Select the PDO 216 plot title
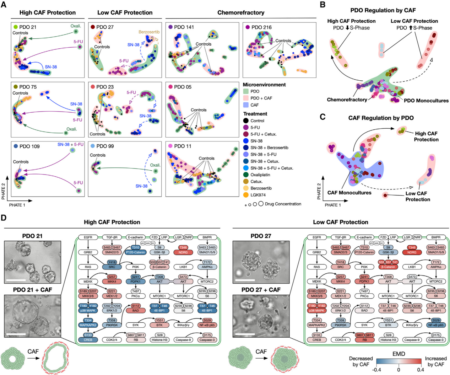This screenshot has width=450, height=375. pyautogui.click(x=261, y=27)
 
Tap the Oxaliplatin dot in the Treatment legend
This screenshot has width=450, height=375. pyautogui.click(x=246, y=175)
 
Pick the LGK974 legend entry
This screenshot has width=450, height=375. pyautogui.click(x=258, y=195)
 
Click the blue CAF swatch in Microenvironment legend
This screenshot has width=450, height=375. pyautogui.click(x=246, y=105)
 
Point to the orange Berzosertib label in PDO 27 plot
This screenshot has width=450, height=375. pyautogui.click(x=149, y=32)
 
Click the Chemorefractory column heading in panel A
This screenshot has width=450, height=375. pyautogui.click(x=241, y=13)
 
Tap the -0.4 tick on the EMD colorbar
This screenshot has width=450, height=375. pyautogui.click(x=376, y=370)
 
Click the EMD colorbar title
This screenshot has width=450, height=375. pyautogui.click(x=399, y=354)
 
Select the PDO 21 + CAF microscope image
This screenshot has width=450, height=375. pyautogui.click(x=33, y=316)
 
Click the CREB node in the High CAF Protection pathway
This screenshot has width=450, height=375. pyautogui.click(x=88, y=340)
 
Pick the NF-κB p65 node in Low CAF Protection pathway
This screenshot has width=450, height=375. pyautogui.click(x=436, y=325)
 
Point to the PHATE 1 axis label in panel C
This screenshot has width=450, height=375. pyautogui.click(x=332, y=205)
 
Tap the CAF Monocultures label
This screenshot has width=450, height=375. pyautogui.click(x=349, y=193)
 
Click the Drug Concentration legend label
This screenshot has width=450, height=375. pyautogui.click(x=283, y=204)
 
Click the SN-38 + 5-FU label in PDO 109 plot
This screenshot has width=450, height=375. pyautogui.click(x=70, y=145)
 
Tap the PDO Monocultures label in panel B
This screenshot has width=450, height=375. pyautogui.click(x=426, y=101)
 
